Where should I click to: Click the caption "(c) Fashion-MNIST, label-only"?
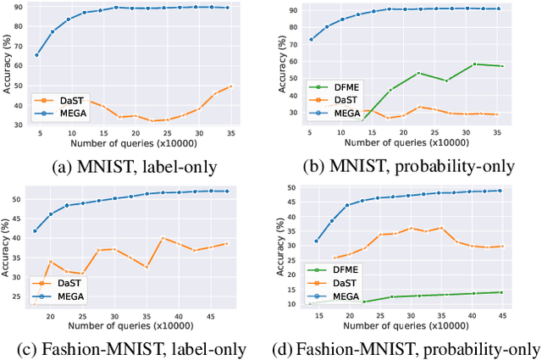click(134, 349)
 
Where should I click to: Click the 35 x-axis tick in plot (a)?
click(230, 133)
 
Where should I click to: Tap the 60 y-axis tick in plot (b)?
click(292, 62)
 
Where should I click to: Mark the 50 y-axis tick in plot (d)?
click(292, 188)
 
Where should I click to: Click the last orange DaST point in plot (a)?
click(230, 86)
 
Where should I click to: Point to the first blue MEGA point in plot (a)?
click(36, 55)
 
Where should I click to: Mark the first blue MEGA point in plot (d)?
click(317, 241)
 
